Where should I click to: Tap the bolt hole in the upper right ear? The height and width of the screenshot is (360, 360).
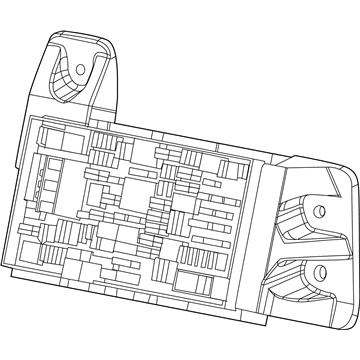click(x=319, y=210)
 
